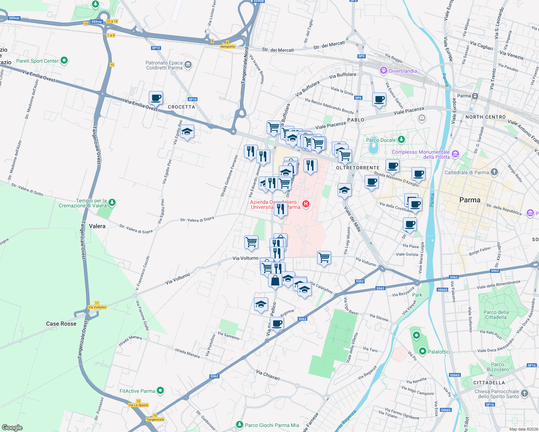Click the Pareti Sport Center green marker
tap(64, 60)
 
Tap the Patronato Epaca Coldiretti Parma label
tap(164, 65)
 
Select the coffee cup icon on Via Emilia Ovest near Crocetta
tap(156, 98)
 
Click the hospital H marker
tap(306, 204)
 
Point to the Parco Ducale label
tap(381, 140)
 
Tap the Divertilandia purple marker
tap(384, 71)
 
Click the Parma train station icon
tap(475, 96)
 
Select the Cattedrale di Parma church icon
tap(494, 172)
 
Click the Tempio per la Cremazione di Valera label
tap(91, 203)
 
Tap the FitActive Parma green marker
tap(161, 390)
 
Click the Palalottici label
tap(439, 352)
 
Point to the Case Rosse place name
tap(61, 324)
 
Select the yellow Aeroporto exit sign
tap(228, 46)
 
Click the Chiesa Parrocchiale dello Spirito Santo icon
tap(524, 393)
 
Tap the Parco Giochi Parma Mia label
tap(272, 425)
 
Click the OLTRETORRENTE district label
tap(357, 168)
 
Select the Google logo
tap(12, 427)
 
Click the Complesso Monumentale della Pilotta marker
tap(455, 154)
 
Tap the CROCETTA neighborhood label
tap(181, 107)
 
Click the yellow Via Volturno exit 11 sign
tap(97, 307)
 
